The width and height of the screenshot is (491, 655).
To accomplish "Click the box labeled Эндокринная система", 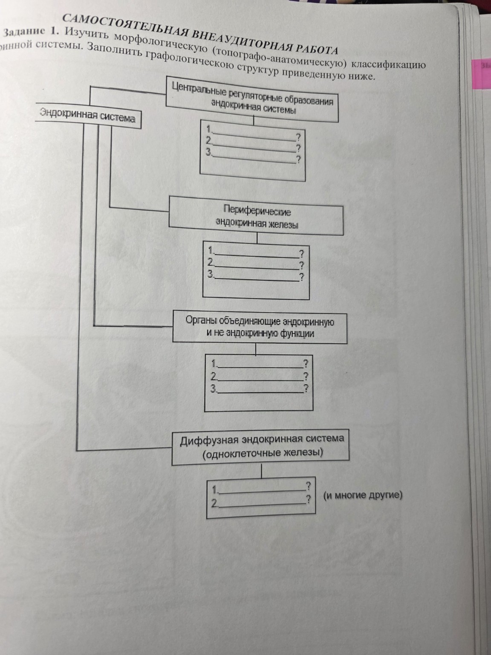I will (x=88, y=115).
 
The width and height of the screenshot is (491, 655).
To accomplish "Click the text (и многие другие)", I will (x=363, y=496).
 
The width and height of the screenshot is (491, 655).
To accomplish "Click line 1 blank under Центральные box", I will (x=253, y=134).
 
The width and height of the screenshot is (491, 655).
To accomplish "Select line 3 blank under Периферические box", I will (x=257, y=278).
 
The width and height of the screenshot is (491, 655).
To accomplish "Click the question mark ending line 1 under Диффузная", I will (x=308, y=486).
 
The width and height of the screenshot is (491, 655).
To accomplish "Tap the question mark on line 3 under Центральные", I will (x=299, y=159).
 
